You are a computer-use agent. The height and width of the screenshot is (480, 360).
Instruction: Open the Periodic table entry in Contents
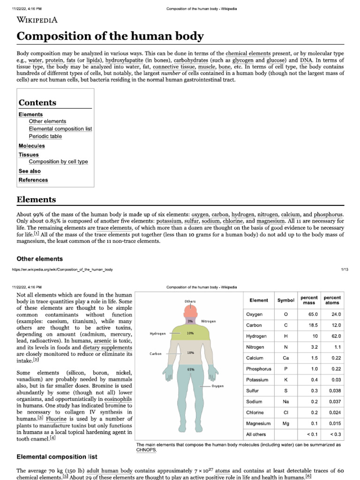(x=45, y=136)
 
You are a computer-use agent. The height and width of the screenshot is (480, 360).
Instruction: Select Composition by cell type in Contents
(x=58, y=162)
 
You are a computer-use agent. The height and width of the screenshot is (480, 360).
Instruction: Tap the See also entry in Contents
(x=30, y=171)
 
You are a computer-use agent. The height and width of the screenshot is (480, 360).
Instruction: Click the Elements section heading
(x=36, y=200)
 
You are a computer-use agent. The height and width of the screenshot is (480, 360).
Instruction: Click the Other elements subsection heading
(x=39, y=259)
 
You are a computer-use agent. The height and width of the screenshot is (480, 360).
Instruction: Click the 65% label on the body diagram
(x=191, y=369)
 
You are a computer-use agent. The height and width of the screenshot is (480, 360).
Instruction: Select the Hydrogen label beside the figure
(x=158, y=333)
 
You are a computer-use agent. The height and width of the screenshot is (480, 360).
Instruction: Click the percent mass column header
(x=309, y=300)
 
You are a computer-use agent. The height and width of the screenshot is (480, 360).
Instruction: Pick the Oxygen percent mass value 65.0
(x=313, y=314)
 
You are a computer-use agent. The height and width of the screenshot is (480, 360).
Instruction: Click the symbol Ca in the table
(x=285, y=358)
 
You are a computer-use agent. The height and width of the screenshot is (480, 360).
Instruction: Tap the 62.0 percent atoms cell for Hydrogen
(x=335, y=336)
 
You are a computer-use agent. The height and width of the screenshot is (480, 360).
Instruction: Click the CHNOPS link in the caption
(x=145, y=449)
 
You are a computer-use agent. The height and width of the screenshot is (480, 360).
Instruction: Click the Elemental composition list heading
(x=57, y=457)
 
